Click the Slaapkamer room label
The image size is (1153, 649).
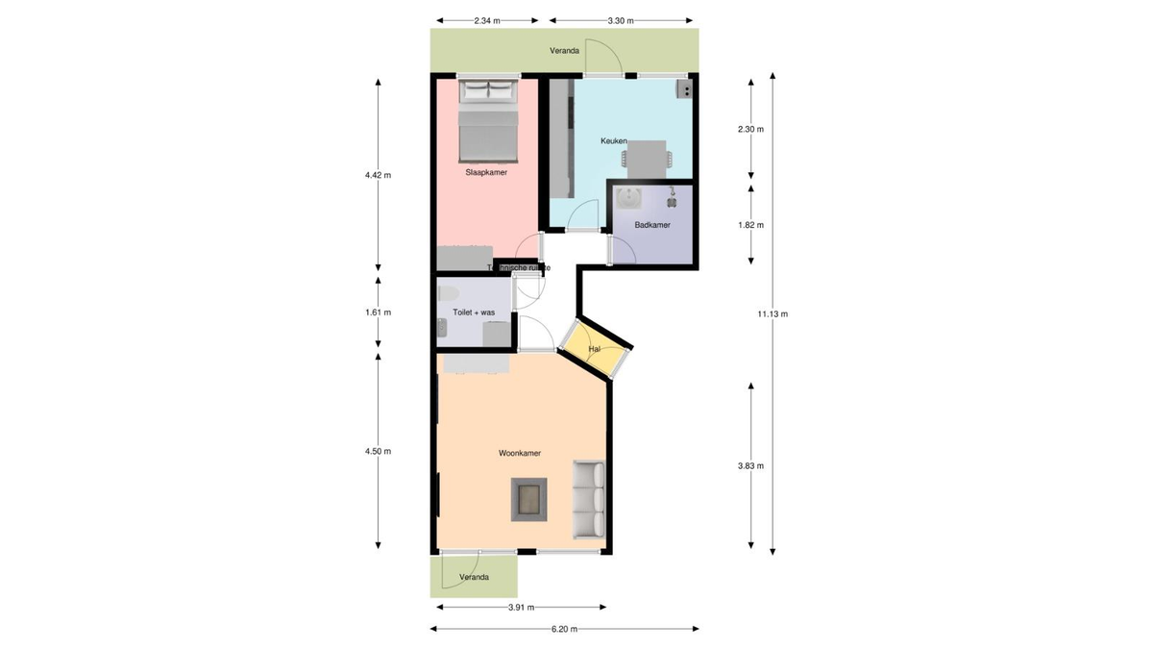click(x=485, y=173)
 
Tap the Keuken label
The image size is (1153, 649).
click(x=613, y=141)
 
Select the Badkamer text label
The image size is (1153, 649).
click(x=652, y=225)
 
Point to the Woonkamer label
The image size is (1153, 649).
click(x=519, y=452)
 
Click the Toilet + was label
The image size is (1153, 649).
click(x=474, y=312)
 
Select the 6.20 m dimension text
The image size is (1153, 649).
click(x=564, y=630)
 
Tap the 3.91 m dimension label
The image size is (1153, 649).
click(x=521, y=608)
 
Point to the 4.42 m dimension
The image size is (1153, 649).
click(x=378, y=175)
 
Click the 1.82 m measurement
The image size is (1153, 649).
click(x=750, y=225)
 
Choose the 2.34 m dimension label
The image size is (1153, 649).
click(x=487, y=19)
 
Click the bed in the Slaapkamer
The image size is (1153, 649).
click(x=488, y=122)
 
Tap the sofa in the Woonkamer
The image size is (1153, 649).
click(x=589, y=499)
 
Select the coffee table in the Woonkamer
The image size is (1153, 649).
click(x=527, y=499)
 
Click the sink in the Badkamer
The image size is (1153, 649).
click(x=631, y=198)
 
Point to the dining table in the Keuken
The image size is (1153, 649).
click(x=645, y=157)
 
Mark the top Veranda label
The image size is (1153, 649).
click(x=564, y=51)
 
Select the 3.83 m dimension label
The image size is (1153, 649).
click(x=750, y=466)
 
